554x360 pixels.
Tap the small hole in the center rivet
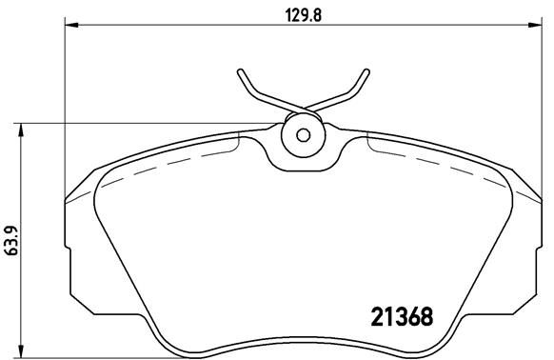(303, 134)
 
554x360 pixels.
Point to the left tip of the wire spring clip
(243, 74)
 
